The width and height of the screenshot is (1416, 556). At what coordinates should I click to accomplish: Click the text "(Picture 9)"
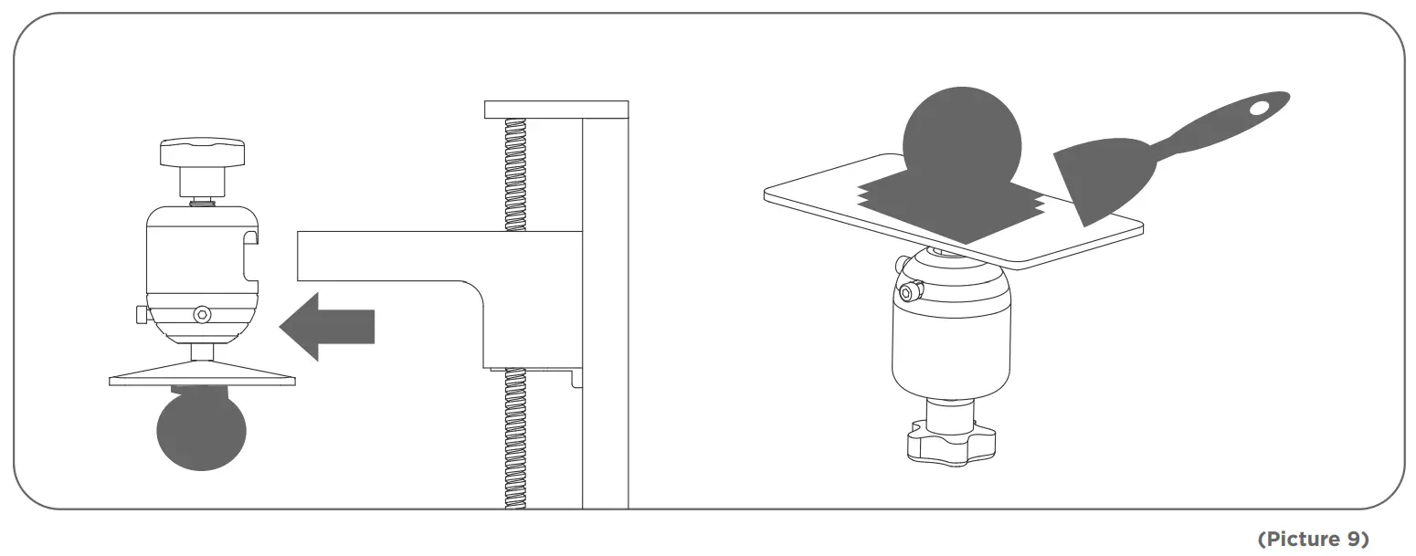(x=1314, y=540)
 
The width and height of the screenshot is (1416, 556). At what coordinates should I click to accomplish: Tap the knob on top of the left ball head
(x=203, y=152)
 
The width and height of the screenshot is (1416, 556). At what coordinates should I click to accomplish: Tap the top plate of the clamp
(x=556, y=110)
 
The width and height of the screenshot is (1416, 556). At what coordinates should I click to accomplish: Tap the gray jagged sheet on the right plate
(x=950, y=202)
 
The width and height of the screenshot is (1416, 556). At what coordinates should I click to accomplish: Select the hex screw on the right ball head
(x=907, y=293)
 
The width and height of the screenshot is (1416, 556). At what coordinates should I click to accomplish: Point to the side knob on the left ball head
(x=139, y=315)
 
